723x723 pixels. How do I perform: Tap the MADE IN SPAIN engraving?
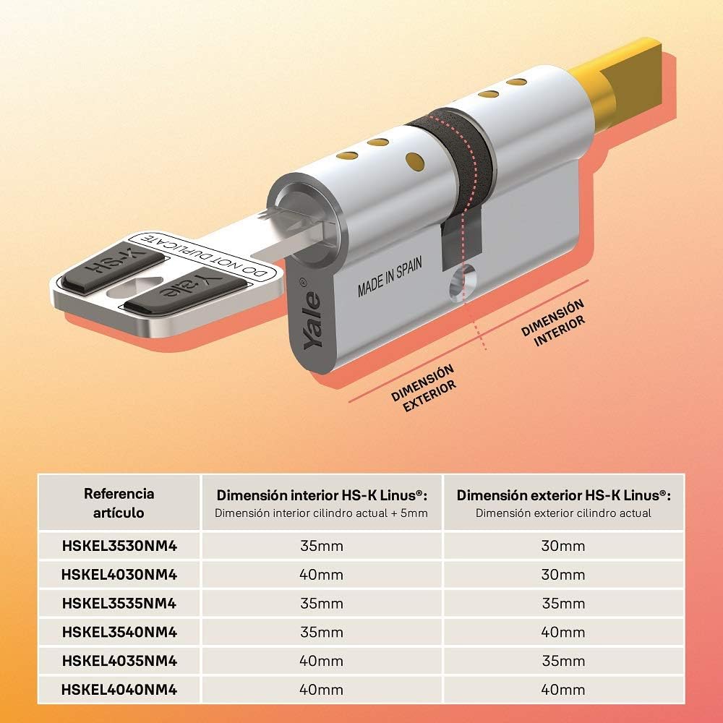coord(390,277)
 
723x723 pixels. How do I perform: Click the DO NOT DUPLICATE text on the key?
coord(203,256)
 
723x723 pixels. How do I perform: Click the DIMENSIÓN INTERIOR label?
coord(553,322)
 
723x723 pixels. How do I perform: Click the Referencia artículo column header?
coord(119,503)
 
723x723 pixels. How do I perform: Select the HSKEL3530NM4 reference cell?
coord(119,546)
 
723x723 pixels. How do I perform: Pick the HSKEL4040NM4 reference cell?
coord(119,690)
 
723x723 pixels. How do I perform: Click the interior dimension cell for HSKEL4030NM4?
coord(322,575)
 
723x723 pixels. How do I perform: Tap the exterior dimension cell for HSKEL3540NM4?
coord(563,632)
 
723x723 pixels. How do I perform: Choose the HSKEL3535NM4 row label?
coord(119,604)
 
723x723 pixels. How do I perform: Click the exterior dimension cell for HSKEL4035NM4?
coord(563,662)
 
